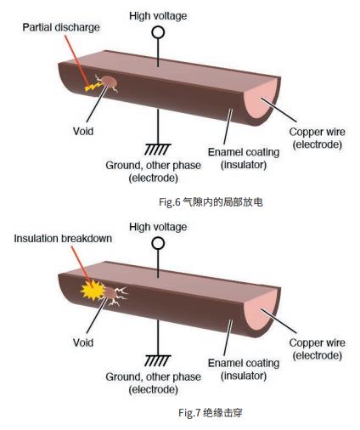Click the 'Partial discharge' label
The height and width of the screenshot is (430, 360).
point(61,27)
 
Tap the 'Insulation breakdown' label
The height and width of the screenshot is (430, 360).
point(63,239)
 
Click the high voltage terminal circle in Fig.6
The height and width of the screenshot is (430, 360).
point(158,32)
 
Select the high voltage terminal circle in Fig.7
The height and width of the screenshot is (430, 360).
point(158,243)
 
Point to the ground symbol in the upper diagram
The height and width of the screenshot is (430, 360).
point(158,150)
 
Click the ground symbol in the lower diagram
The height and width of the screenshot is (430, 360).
point(158,360)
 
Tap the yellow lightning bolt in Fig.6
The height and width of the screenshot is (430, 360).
point(93,87)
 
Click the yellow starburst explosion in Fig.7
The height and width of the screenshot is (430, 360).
point(93,290)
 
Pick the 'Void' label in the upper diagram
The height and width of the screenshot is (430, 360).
point(83,131)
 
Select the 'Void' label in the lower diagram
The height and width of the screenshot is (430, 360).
point(83,342)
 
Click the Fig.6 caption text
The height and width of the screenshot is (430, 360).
point(211,202)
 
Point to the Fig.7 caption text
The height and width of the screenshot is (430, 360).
point(211,413)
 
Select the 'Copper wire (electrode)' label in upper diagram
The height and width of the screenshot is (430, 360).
point(318,138)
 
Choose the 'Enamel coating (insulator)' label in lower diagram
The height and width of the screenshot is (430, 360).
point(244,370)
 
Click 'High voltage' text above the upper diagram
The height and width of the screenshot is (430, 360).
point(158,16)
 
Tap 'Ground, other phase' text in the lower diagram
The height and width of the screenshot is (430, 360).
point(153,376)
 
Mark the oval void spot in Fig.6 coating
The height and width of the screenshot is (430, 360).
point(110,82)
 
